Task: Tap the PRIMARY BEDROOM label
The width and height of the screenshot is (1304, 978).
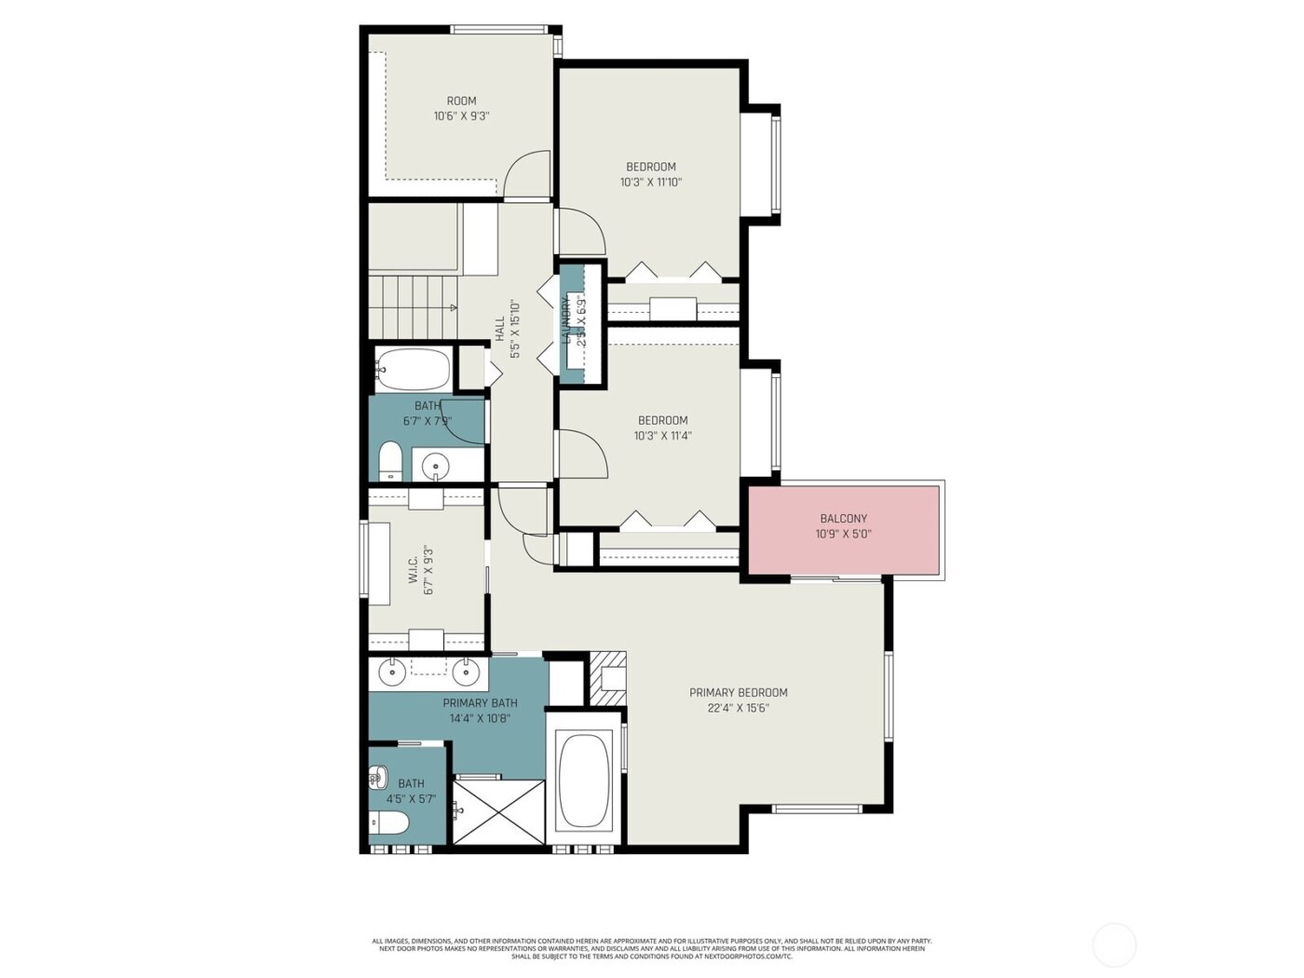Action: point(738,693)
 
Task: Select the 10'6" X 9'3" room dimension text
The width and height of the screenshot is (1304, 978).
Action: point(461,117)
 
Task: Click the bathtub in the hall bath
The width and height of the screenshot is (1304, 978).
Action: point(414,370)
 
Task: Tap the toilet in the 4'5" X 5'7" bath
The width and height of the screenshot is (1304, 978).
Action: point(389,822)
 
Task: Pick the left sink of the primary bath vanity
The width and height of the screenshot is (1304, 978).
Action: point(392,670)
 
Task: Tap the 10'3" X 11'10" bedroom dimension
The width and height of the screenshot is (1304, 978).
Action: point(651,183)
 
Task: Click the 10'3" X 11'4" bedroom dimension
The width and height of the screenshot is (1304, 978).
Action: point(663,436)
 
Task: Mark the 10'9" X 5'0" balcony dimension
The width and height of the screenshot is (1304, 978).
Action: point(844,535)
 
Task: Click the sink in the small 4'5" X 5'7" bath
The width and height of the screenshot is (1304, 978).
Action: point(378,776)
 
